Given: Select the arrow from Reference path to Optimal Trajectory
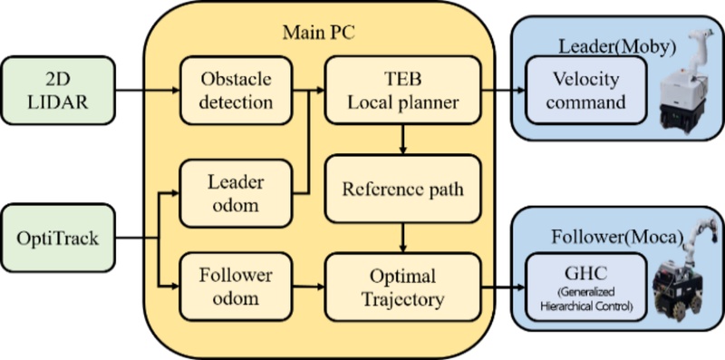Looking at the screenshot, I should tap(401, 238).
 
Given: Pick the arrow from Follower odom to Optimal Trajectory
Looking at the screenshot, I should tap(300, 287).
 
